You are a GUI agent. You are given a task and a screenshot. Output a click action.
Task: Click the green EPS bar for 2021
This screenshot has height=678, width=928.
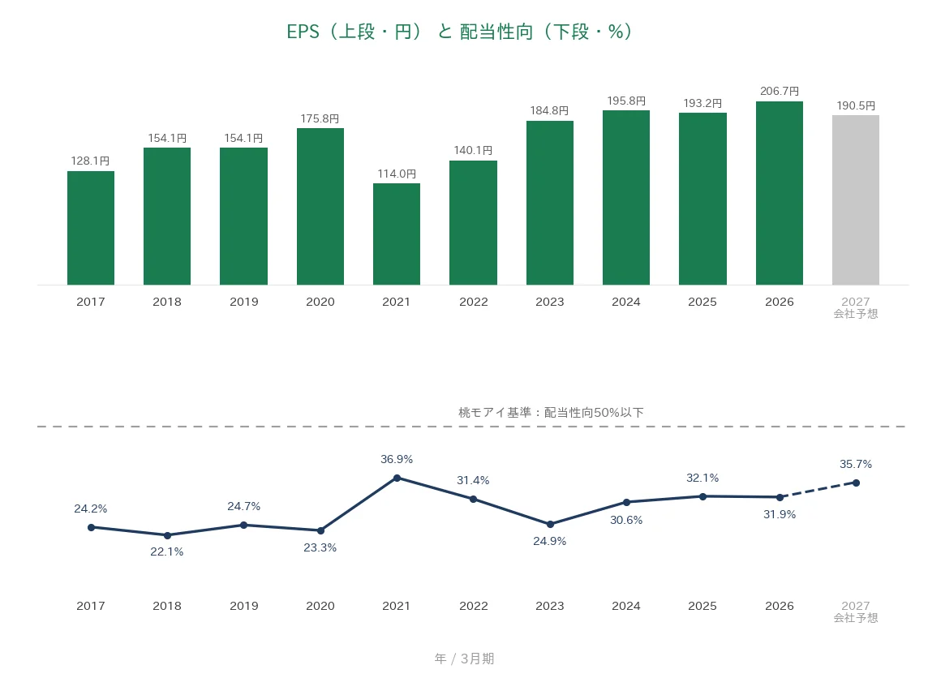(x=397, y=234)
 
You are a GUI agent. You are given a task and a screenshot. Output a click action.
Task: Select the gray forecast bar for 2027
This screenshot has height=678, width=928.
(x=856, y=200)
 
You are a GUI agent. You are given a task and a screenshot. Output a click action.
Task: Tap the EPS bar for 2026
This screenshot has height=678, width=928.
(x=780, y=194)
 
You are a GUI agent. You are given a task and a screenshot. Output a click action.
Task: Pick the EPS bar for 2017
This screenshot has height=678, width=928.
(x=91, y=229)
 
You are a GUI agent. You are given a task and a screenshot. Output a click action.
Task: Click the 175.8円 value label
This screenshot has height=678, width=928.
(x=320, y=119)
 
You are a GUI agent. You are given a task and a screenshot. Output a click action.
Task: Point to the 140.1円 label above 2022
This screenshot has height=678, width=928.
(x=473, y=150)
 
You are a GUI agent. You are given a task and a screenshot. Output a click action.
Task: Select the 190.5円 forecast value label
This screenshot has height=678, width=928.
(x=856, y=106)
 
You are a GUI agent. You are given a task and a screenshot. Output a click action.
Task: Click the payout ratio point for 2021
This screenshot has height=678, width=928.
(x=397, y=478)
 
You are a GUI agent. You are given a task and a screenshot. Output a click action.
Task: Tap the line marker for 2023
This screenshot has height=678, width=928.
(x=550, y=524)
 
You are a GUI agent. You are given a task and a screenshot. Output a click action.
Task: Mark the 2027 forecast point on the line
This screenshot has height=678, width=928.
(x=856, y=483)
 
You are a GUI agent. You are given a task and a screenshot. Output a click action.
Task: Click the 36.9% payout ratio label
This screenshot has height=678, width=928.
(x=397, y=459)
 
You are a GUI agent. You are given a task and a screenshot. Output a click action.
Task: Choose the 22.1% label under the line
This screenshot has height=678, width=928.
(x=167, y=552)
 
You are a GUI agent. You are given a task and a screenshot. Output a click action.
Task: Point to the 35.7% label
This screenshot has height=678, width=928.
(x=856, y=465)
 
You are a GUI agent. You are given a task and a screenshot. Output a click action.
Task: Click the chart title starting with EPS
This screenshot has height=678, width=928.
(x=459, y=32)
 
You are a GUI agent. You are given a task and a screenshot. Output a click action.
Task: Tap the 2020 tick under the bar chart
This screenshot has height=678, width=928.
(x=320, y=302)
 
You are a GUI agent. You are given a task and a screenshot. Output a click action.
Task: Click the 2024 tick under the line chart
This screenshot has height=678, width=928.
(x=626, y=606)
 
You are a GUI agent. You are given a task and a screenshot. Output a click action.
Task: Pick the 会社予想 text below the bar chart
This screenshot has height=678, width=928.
(x=856, y=314)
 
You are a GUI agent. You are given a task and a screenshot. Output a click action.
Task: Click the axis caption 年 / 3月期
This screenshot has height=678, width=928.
(x=464, y=659)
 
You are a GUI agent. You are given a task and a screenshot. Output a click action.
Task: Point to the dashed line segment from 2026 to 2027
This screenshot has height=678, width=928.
(x=818, y=490)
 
